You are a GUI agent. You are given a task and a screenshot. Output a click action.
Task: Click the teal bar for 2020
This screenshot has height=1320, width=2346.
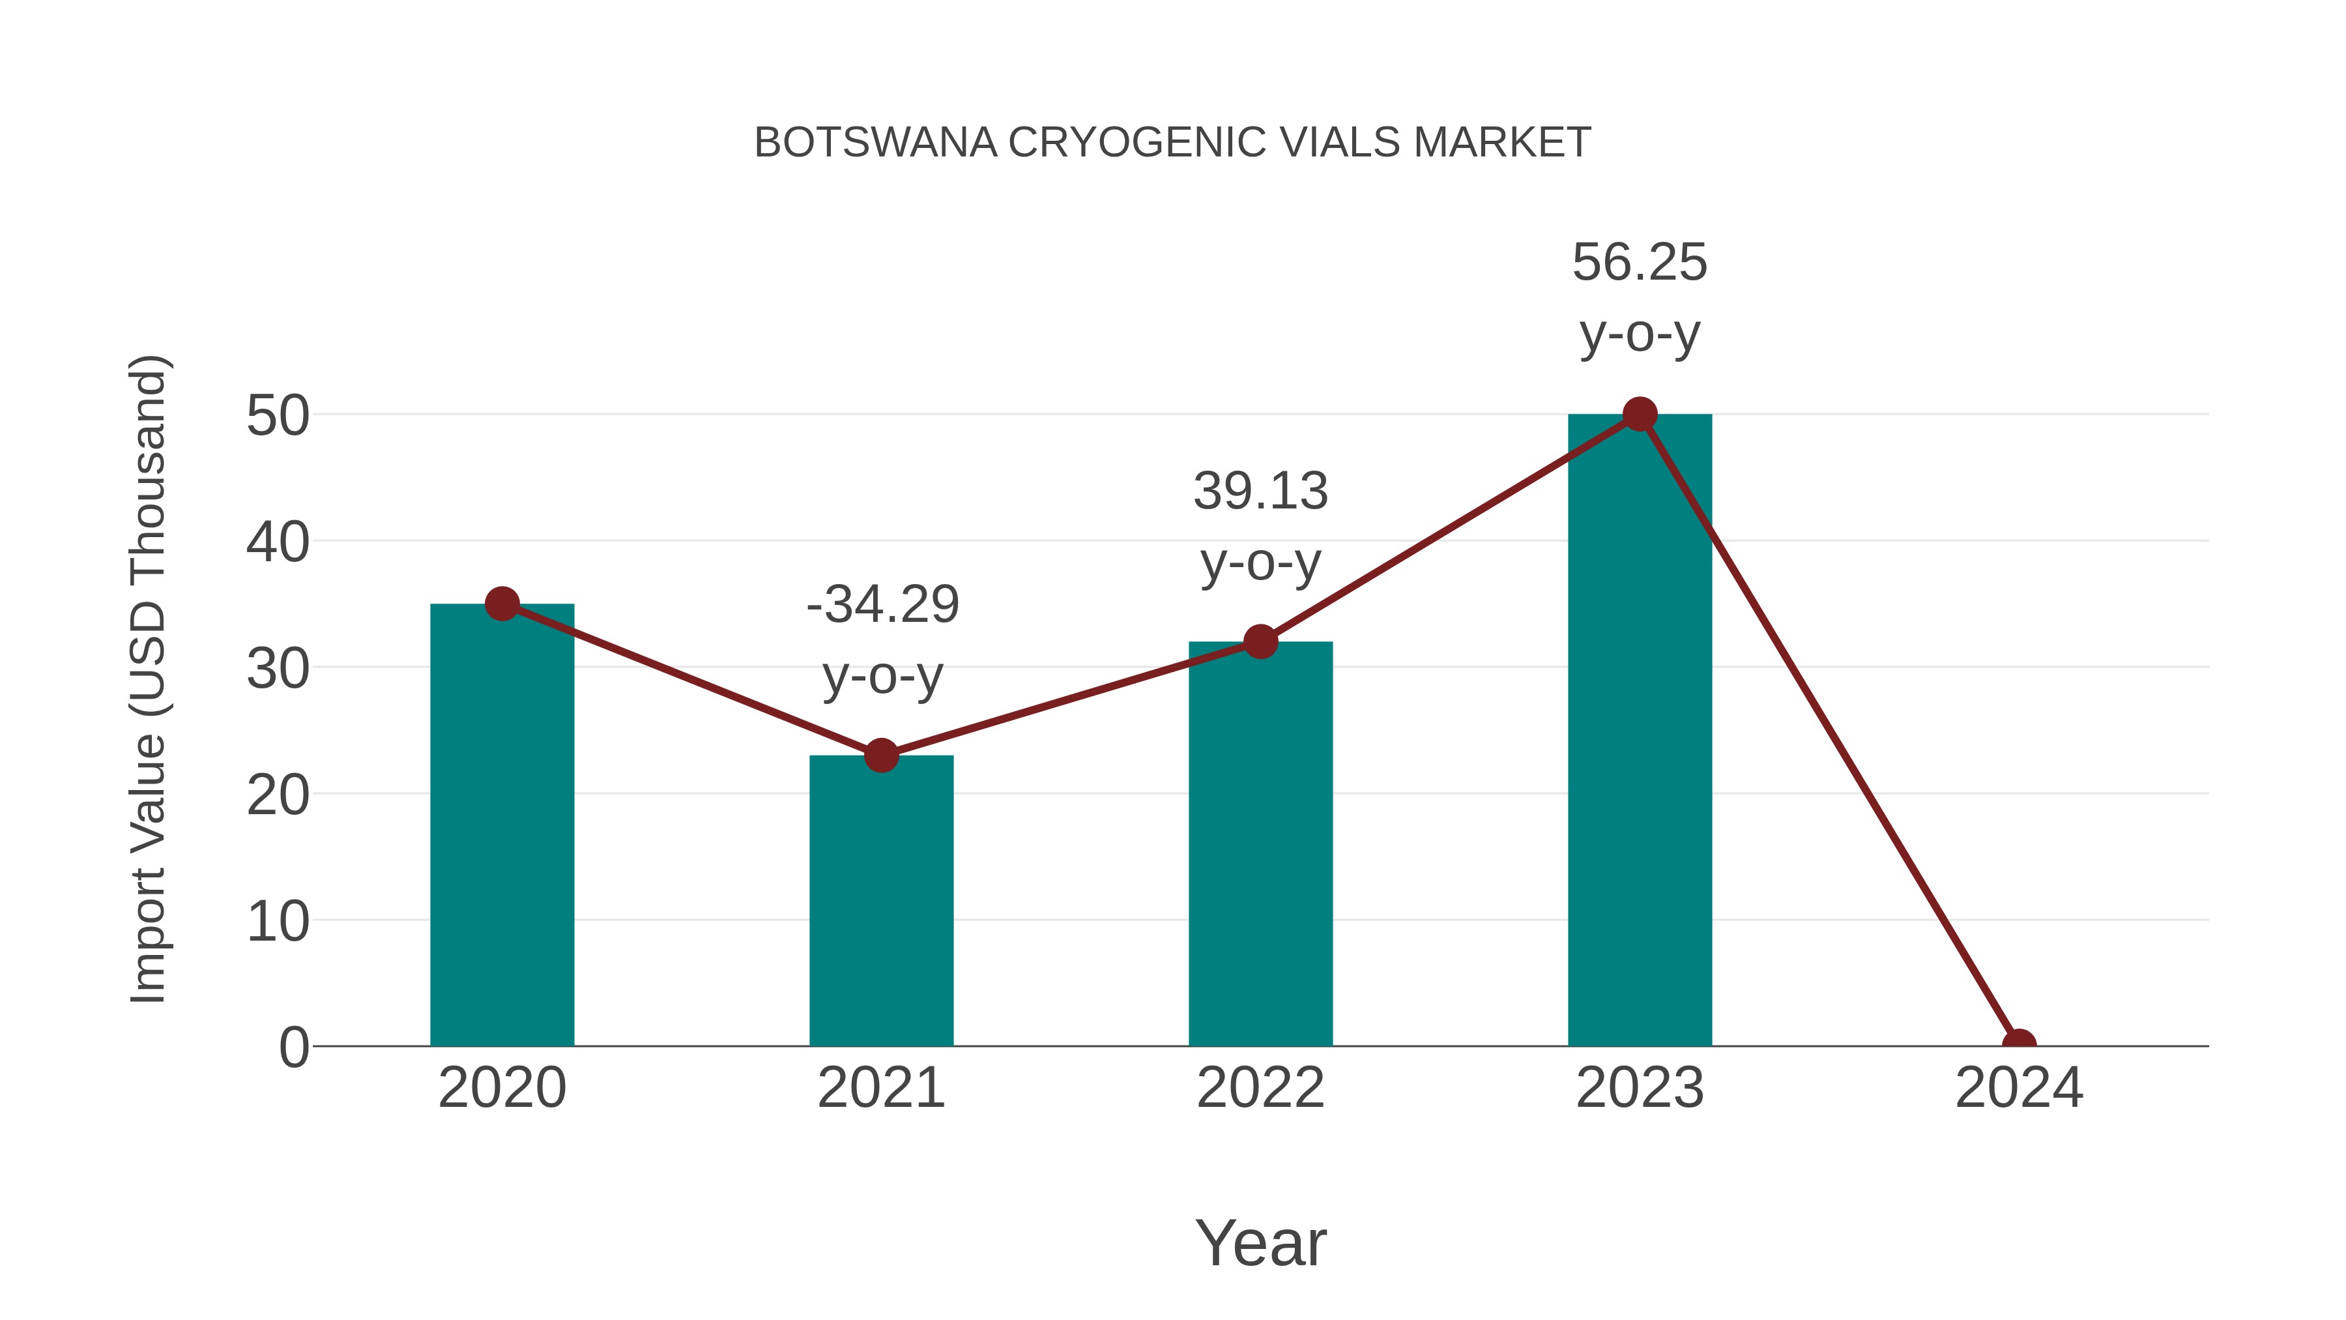coord(502,825)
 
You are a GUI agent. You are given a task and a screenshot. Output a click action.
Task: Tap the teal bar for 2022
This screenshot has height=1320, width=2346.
coord(1260,843)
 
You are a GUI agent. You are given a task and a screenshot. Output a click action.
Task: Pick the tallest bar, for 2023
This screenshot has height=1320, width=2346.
coord(1640,729)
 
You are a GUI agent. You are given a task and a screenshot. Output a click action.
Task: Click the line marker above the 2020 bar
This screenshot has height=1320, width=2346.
coord(502,603)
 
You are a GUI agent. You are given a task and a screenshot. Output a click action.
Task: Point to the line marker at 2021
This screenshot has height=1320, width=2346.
coord(880,755)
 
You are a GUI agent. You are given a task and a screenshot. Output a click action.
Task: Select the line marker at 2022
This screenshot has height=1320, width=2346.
coord(1260,642)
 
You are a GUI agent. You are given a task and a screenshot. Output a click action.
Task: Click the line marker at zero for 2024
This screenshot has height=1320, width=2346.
coord(2019,1044)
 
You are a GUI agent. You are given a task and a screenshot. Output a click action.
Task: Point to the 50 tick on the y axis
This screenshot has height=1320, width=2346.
coord(278,417)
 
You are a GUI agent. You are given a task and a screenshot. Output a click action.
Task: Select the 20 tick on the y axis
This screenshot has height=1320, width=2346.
coord(278,795)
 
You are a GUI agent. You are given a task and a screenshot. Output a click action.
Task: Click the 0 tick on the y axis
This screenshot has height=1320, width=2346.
coord(293,1048)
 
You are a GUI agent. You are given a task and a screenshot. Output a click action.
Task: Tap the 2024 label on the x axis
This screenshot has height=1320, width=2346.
coord(2019,1088)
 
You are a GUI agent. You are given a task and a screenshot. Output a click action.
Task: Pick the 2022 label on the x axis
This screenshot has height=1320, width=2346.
coord(1260,1088)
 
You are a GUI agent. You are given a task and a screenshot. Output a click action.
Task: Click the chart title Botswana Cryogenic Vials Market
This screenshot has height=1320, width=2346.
coord(1172,143)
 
